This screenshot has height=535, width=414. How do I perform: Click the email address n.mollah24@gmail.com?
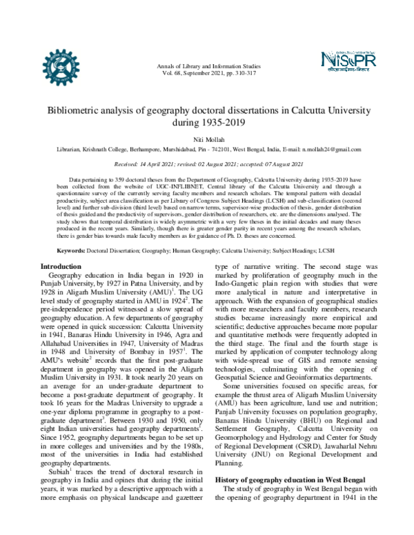[327, 150]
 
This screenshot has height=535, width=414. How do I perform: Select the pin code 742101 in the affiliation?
[221, 150]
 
